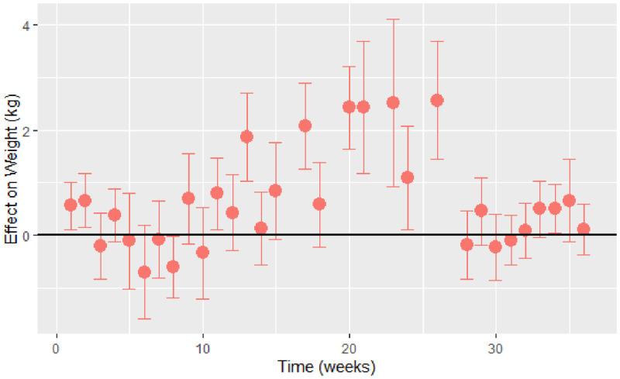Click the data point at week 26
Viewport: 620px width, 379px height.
[x=437, y=100]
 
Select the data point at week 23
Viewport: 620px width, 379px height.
[x=393, y=102]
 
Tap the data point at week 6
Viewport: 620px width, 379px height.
[x=144, y=272]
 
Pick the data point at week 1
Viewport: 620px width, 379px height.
[x=71, y=205]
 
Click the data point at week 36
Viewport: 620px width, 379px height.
[x=584, y=229]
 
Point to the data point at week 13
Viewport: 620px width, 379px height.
[x=246, y=136]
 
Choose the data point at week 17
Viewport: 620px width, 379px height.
[x=305, y=126]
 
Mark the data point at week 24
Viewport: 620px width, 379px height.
[x=408, y=177]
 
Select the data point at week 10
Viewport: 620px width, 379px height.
[x=203, y=252]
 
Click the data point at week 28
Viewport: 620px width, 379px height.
[x=467, y=244]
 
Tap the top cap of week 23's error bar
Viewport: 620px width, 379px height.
[x=393, y=19]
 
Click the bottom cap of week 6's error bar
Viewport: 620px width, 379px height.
[x=144, y=319]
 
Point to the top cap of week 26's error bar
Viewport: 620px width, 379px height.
[x=437, y=42]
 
